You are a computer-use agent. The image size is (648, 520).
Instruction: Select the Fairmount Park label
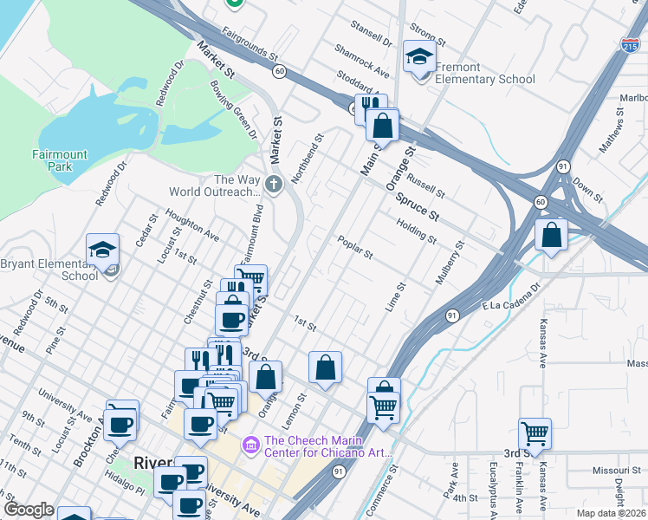(60, 161)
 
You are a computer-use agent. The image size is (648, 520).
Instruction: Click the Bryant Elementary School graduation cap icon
(102, 251)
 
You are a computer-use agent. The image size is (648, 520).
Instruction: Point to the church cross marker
(274, 185)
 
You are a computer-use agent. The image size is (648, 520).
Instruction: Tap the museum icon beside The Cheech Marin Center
(252, 445)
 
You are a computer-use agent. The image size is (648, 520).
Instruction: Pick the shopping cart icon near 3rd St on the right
(535, 432)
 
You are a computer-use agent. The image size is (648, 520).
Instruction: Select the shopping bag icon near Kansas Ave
(551, 235)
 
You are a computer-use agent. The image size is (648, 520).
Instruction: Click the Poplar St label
(355, 248)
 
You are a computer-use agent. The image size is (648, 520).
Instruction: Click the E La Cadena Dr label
(511, 294)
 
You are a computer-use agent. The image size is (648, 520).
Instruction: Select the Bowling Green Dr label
(234, 109)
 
